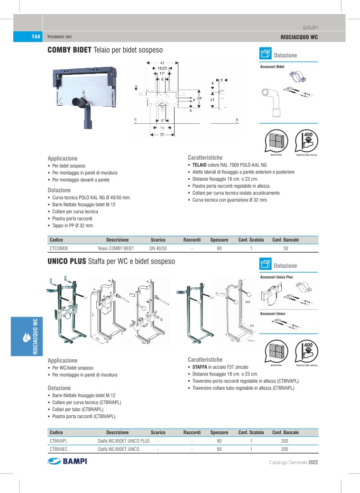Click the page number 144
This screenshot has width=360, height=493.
click(34, 37)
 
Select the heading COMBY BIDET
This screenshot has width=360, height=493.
click(70, 50)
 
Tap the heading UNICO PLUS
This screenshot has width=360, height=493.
click(66, 261)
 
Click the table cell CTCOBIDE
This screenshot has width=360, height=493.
click(59, 248)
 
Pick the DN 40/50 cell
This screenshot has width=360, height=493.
click(158, 248)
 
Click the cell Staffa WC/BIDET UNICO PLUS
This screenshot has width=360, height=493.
click(123, 440)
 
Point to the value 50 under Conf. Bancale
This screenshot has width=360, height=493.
click(286, 248)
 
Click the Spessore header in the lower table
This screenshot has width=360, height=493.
click(220, 432)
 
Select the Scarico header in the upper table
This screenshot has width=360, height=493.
click(158, 240)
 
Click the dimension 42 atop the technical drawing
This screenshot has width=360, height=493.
click(162, 63)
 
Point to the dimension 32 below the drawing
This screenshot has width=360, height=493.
click(162, 134)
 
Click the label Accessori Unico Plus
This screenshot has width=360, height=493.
click(277, 277)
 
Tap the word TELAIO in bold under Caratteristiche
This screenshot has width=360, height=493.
click(198, 164)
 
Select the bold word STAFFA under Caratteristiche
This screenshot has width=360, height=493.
click(199, 367)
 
